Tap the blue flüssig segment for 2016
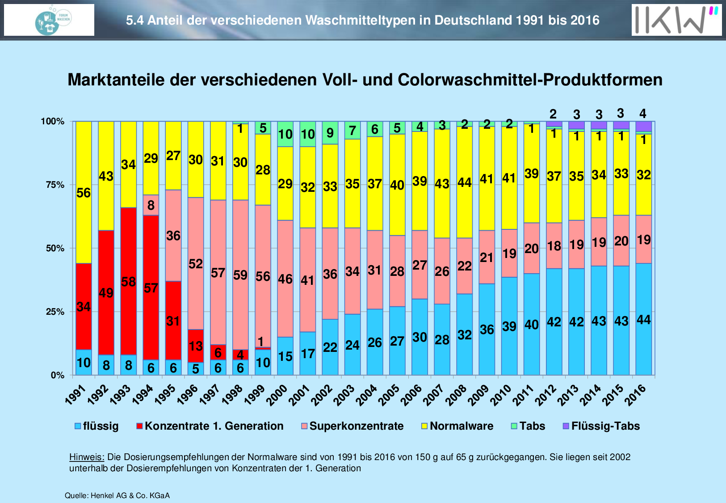[643, 340]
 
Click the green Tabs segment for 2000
[285, 134]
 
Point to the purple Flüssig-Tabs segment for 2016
[643, 126]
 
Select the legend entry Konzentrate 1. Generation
[210, 426]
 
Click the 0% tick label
[57, 376]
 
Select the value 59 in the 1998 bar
[240, 275]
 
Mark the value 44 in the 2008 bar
[465, 182]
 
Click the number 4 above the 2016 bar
[643, 113]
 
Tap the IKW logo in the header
[676, 20]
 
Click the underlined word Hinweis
[87, 457]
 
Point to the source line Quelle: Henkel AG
[117, 495]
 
